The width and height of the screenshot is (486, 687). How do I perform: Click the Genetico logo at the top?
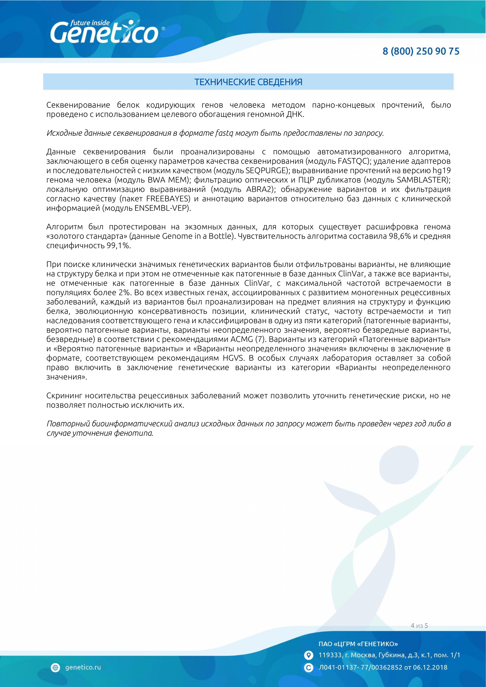coord(104,32)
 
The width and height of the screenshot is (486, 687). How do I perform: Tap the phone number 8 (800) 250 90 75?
coord(421,51)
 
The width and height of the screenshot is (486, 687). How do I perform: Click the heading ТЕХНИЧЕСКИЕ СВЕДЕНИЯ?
coord(248,82)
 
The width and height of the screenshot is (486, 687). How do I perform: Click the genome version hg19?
coord(441,171)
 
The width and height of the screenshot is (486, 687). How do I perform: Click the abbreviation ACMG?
coord(242,339)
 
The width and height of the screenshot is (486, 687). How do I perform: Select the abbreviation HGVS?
coord(233,358)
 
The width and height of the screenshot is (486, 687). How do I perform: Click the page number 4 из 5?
coord(419,626)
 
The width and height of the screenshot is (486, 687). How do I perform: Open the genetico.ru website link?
coord(83,667)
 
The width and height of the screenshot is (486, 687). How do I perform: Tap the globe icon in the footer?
coord(55,668)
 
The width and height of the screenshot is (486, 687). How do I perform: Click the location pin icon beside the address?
coord(308,655)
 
